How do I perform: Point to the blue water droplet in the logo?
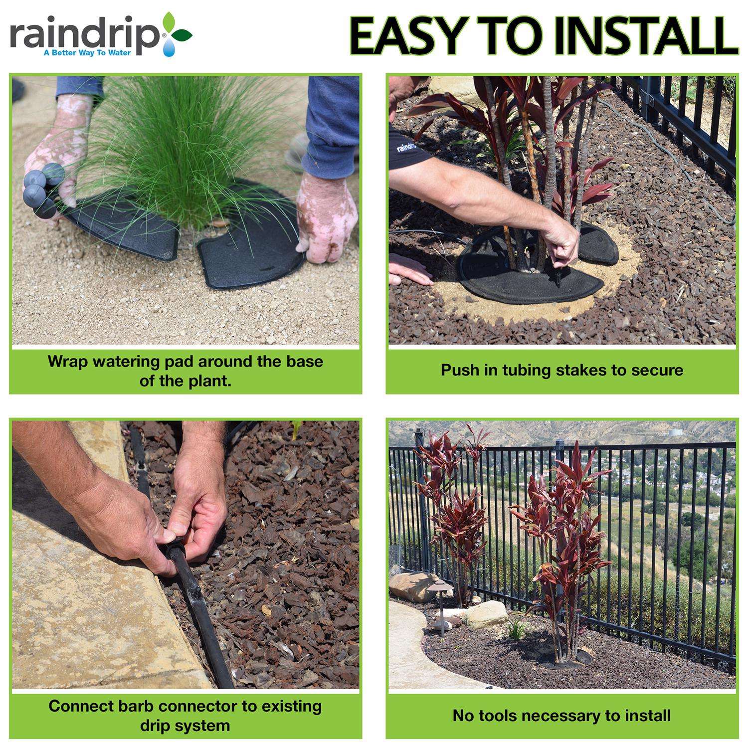pyautogui.click(x=168, y=46)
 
